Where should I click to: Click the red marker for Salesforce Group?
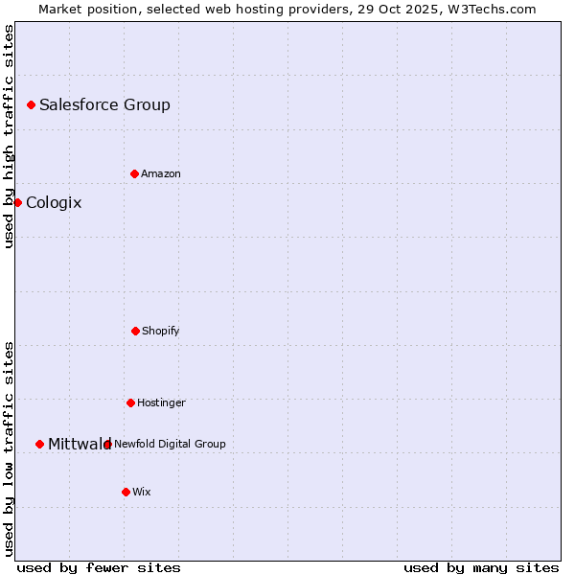(x=31, y=104)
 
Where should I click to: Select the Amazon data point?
(x=134, y=173)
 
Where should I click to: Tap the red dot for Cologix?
(x=17, y=202)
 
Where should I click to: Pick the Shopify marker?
(x=135, y=331)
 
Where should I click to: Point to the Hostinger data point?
(x=130, y=402)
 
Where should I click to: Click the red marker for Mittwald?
(x=39, y=444)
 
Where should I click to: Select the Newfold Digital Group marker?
(x=107, y=444)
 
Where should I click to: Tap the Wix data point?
(x=126, y=492)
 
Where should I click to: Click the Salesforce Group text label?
(x=104, y=105)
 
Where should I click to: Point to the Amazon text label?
(x=161, y=174)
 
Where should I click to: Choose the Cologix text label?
(x=54, y=203)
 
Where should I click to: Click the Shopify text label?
(x=161, y=332)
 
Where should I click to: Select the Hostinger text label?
(x=161, y=403)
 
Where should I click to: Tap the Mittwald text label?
(x=79, y=444)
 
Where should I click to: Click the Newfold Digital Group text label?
(x=170, y=444)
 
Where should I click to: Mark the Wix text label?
(x=142, y=493)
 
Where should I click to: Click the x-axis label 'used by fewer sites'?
(x=99, y=568)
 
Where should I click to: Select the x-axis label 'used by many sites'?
(x=481, y=568)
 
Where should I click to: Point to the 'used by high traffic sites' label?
(x=9, y=136)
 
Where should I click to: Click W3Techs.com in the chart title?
(x=491, y=9)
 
